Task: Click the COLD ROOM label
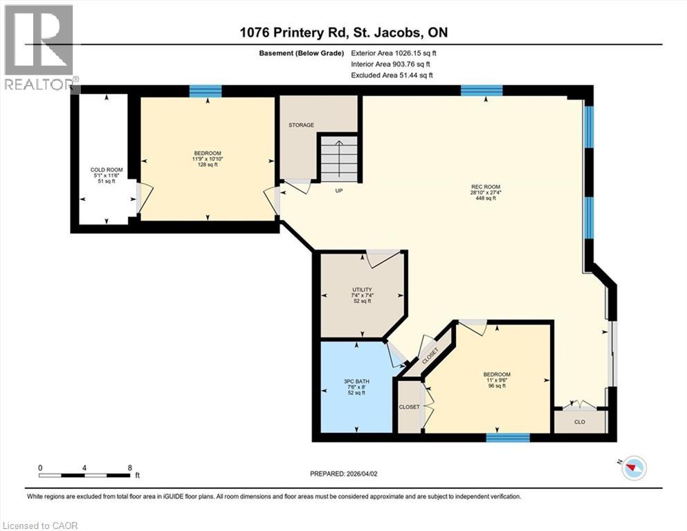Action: [106, 170]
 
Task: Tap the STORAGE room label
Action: [301, 125]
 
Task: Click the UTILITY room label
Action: [362, 290]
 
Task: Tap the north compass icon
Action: [632, 469]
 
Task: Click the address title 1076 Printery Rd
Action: [343, 32]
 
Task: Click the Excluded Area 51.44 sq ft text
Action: [394, 75]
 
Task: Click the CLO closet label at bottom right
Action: [580, 420]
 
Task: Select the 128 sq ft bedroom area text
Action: [208, 165]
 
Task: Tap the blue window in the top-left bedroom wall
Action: [205, 91]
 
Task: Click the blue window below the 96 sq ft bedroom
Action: [507, 437]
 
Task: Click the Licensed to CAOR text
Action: [40, 525]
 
